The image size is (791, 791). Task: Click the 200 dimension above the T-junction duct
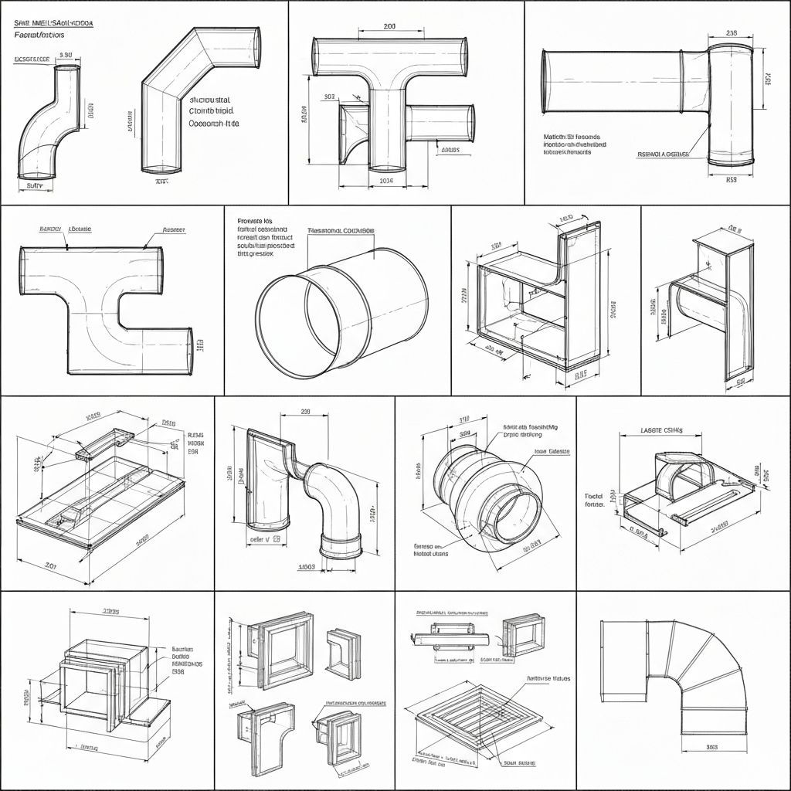(x=389, y=26)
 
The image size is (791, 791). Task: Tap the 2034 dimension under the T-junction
(x=388, y=181)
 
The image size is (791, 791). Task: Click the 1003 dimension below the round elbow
(x=307, y=566)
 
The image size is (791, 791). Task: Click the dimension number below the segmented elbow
(x=712, y=747)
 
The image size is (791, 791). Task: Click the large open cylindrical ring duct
(x=340, y=313)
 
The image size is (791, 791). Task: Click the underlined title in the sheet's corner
(x=53, y=24)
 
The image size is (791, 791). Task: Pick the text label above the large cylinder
(x=341, y=230)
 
